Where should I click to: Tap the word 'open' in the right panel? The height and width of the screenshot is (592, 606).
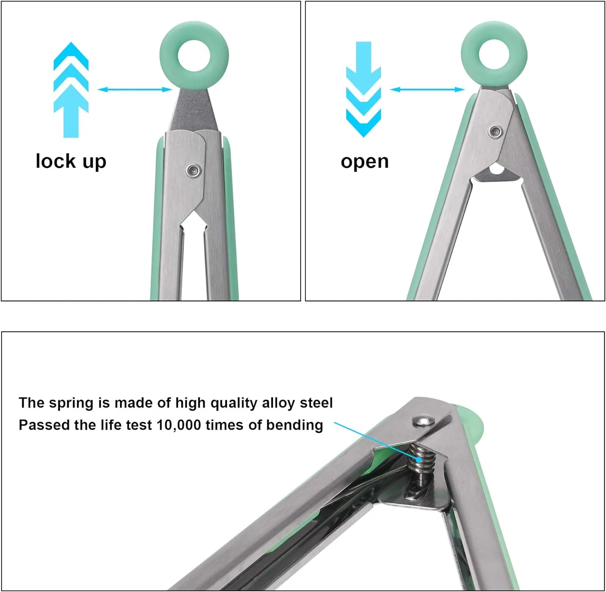click(x=365, y=162)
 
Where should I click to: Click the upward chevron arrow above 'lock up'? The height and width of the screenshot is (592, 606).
click(x=71, y=90)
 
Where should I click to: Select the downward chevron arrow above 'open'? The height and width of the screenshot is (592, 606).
click(x=364, y=89)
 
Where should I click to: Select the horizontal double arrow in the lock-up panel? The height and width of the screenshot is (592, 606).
click(x=135, y=89)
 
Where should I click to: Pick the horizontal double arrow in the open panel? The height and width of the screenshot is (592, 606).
click(x=427, y=89)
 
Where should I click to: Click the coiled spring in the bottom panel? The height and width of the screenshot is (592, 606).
click(x=422, y=461)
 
